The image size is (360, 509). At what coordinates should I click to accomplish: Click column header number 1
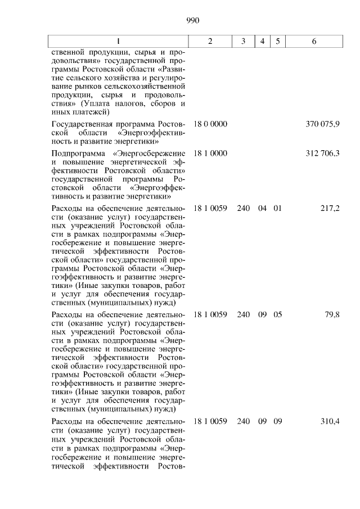(x=118, y=42)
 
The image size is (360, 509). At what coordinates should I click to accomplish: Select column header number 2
(x=210, y=42)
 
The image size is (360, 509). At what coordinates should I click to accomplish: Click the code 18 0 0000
(x=210, y=123)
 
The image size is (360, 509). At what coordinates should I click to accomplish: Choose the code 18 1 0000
(x=210, y=153)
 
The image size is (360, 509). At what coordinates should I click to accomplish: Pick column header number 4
(x=262, y=42)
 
